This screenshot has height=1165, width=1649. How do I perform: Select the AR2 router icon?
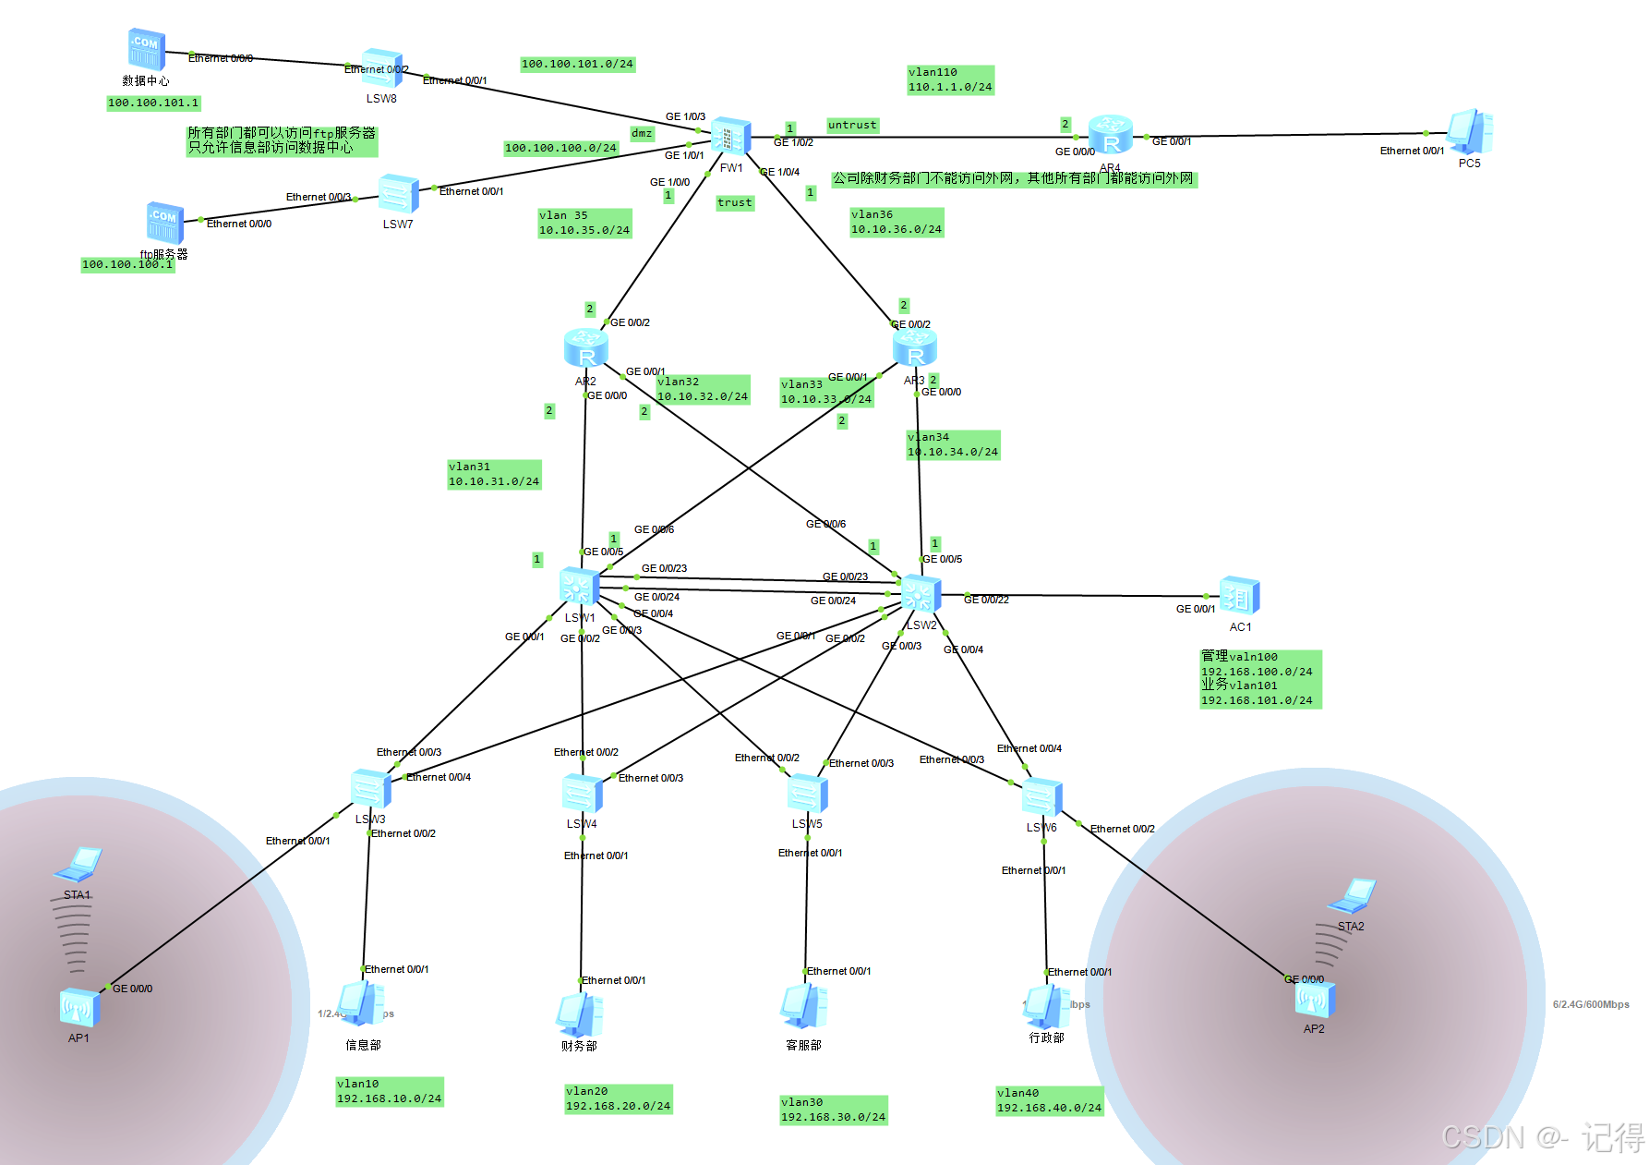585,349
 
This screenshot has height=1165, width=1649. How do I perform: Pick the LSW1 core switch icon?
580,588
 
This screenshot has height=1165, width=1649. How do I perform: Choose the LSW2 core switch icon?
921,594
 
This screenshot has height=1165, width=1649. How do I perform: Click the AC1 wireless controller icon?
1239,597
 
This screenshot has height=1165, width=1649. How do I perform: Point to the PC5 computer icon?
1469,132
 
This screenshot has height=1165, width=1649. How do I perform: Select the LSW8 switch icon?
381,69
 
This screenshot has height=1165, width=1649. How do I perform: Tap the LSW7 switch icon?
398,195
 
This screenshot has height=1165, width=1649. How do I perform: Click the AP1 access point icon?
79,1007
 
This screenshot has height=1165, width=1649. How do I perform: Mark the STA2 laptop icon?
1352,896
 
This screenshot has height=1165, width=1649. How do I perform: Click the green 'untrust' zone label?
852,126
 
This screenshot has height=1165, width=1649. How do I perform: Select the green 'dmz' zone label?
642,134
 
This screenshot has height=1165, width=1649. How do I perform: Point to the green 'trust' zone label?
735,203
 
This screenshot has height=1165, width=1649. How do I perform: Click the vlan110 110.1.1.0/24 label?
950,80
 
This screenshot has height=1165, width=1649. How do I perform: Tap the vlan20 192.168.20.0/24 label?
618,1099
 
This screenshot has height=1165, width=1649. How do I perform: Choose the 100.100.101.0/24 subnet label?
577,65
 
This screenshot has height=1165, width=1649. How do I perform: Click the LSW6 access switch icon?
1041,797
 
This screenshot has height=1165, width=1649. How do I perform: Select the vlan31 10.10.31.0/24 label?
494,475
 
